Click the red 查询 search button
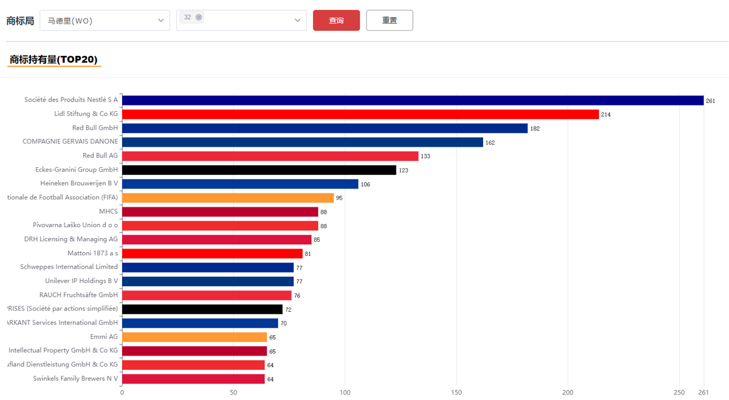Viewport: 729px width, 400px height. pos(336,21)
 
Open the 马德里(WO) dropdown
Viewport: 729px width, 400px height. pos(105,21)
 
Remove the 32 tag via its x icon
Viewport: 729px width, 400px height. pos(199,18)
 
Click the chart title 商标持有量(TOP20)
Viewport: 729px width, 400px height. pos(54,60)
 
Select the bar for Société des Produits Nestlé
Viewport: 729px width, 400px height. pos(412,101)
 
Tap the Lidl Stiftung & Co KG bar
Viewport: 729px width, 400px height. pos(360,114)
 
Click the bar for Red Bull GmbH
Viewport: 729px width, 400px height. pos(325,128)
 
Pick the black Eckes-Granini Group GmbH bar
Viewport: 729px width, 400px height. pos(259,170)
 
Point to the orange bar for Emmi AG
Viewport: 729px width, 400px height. pos(194,337)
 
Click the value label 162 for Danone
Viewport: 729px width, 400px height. pos(490,143)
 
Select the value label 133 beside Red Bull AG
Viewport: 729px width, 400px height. pos(425,156)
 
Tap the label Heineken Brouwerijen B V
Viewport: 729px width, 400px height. pos(79,184)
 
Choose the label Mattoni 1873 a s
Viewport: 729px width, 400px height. pos(92,253)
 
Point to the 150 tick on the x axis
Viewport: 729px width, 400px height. pos(456,393)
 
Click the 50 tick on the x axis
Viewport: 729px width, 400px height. pos(233,393)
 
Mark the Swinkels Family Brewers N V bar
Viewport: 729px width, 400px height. pos(193,379)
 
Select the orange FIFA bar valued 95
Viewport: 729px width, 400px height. pos(227,198)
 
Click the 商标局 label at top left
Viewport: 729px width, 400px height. pos(20,21)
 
